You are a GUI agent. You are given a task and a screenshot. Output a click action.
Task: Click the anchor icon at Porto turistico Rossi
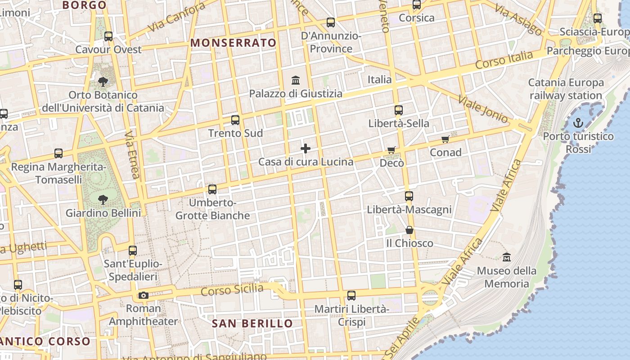click(578, 122)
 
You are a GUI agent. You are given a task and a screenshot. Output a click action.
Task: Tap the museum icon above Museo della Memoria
click(507, 257)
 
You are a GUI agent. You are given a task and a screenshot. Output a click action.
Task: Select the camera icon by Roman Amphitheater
click(144, 295)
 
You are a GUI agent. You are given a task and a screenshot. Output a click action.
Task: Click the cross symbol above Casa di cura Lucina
click(306, 148)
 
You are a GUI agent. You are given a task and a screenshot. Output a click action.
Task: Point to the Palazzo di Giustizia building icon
click(296, 81)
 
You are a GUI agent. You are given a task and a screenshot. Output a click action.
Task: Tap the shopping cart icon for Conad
click(445, 139)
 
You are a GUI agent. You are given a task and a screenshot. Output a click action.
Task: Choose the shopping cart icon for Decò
click(391, 150)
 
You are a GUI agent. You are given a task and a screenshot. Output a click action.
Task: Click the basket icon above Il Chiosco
click(409, 230)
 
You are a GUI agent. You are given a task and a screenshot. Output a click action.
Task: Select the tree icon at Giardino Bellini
click(103, 199)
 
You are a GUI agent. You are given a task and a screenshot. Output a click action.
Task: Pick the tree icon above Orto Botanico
click(103, 81)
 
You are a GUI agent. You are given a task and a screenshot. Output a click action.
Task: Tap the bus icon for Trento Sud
click(235, 120)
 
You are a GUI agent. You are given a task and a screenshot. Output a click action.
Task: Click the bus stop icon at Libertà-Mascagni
click(409, 196)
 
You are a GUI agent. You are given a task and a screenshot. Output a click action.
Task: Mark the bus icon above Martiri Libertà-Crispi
click(351, 296)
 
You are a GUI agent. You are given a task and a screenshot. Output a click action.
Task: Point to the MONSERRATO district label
click(234, 43)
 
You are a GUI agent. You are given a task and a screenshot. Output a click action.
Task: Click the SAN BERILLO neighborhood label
click(252, 323)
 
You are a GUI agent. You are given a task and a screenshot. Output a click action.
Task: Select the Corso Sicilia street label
click(232, 290)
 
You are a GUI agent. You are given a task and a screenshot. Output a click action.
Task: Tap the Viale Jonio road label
click(483, 109)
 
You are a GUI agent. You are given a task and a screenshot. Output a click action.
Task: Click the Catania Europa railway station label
click(566, 89)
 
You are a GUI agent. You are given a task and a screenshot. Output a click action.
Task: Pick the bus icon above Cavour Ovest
click(108, 36)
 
